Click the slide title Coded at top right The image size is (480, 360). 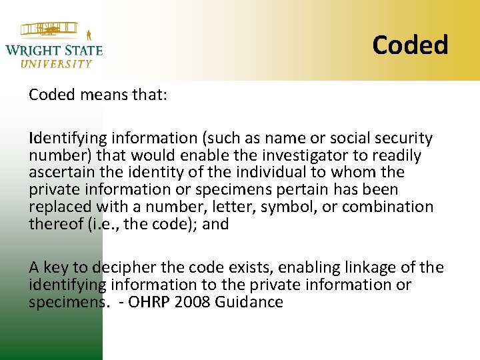click(410, 45)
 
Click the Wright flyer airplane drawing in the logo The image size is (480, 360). click(50, 29)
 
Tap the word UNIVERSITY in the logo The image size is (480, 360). click(57, 64)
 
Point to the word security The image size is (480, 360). click(402, 139)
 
